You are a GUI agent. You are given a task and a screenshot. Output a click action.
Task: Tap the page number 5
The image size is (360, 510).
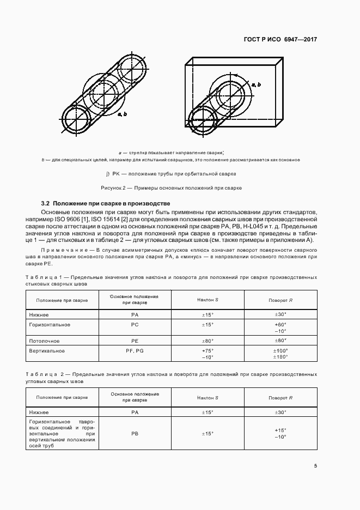[315, 465]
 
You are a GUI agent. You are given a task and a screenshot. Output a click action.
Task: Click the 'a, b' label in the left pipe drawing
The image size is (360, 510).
[122, 114]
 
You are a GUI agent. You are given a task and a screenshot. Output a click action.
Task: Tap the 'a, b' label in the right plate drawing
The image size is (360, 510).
[255, 84]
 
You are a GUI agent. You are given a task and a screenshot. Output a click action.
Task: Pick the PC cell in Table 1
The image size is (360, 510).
[135, 325]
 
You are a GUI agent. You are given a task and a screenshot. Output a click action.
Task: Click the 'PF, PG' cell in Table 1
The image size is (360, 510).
[135, 351]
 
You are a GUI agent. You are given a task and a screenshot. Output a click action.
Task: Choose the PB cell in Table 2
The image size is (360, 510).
[135, 434]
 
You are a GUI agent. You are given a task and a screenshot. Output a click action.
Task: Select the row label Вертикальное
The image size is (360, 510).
[47, 351]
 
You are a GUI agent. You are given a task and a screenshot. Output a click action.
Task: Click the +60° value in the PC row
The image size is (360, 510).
[280, 325]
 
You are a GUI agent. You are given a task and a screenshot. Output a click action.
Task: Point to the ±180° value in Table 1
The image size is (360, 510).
[280, 357]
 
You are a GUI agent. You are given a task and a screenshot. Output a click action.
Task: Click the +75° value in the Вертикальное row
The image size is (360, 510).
[208, 351]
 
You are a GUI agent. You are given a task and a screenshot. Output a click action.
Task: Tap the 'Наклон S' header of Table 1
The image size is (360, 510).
[208, 300]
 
